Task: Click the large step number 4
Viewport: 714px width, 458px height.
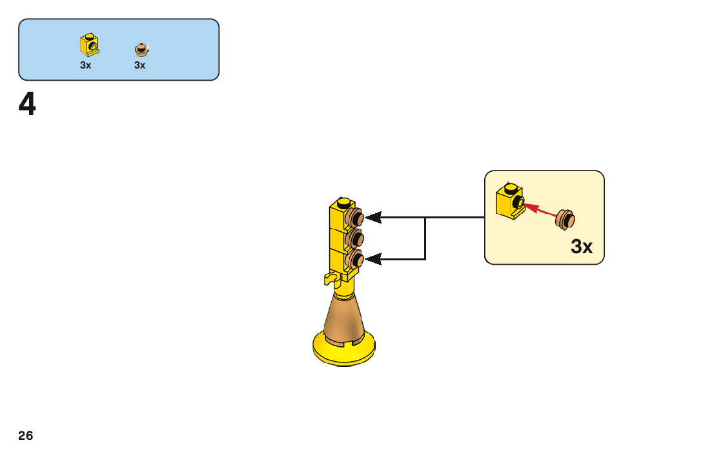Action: pos(27,105)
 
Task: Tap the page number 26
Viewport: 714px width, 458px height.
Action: pos(26,436)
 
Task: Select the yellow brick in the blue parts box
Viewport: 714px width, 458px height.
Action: pos(89,44)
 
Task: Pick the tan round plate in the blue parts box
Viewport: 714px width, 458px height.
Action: pos(141,49)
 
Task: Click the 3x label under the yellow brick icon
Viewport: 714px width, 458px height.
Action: pos(86,65)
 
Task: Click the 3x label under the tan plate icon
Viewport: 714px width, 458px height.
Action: pos(140,65)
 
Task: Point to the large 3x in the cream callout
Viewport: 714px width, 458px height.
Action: pos(582,247)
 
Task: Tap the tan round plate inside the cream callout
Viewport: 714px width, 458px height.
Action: pos(566,219)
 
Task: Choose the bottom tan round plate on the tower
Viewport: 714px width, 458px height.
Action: pos(354,259)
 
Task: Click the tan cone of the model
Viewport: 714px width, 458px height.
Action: pos(343,317)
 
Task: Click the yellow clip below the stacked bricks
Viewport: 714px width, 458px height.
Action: pos(333,278)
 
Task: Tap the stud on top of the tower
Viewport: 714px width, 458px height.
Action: pos(344,200)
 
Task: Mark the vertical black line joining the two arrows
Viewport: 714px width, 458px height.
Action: pos(425,238)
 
